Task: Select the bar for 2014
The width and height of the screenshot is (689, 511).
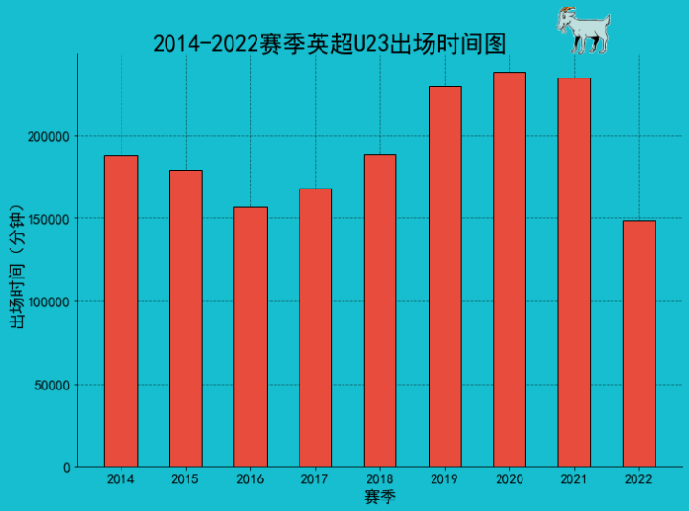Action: pyautogui.click(x=121, y=311)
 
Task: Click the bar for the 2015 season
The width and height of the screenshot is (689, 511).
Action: pyautogui.click(x=186, y=319)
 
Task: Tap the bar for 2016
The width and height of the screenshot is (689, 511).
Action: pyautogui.click(x=251, y=337)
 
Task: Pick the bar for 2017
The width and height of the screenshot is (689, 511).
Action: pyautogui.click(x=315, y=327)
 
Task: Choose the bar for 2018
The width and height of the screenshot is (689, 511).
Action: pyautogui.click(x=380, y=311)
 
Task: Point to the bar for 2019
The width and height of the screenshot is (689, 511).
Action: pyautogui.click(x=445, y=277)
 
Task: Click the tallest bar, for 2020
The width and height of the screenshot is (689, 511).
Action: pyautogui.click(x=509, y=270)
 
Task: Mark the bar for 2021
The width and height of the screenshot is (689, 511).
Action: pyautogui.click(x=574, y=273)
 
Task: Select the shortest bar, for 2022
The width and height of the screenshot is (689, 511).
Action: pyautogui.click(x=639, y=344)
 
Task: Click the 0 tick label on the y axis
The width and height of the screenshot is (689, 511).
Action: pyautogui.click(x=66, y=468)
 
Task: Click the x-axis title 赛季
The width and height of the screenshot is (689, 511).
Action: pyautogui.click(x=380, y=498)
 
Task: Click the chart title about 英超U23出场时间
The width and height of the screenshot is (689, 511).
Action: pyautogui.click(x=329, y=44)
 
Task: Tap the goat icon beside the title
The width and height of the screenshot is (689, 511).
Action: pyautogui.click(x=582, y=30)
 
